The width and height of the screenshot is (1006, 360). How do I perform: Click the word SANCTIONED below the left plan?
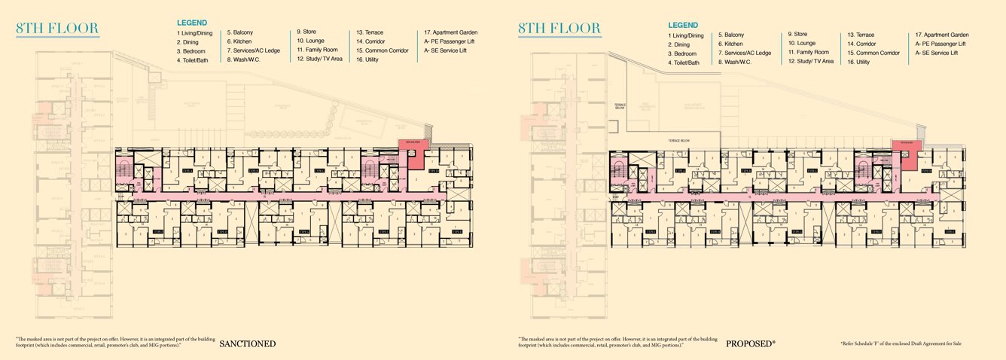coord(247,344)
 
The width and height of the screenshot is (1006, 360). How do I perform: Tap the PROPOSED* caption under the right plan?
coord(750,344)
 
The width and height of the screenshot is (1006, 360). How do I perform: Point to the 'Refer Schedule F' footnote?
coord(901,344)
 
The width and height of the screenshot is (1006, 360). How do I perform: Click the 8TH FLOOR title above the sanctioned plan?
coord(57,29)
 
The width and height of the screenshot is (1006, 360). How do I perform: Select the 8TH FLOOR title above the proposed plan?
coord(560,29)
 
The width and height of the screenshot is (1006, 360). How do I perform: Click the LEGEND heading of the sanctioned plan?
coord(192,23)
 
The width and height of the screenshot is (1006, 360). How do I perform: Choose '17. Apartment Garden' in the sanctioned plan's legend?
coord(451,33)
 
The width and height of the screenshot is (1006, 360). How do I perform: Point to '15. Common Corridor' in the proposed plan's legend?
coord(873,53)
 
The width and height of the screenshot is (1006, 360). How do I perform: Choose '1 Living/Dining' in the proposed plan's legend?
coord(686,35)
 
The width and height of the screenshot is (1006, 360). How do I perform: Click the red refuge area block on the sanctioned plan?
coord(413,148)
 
